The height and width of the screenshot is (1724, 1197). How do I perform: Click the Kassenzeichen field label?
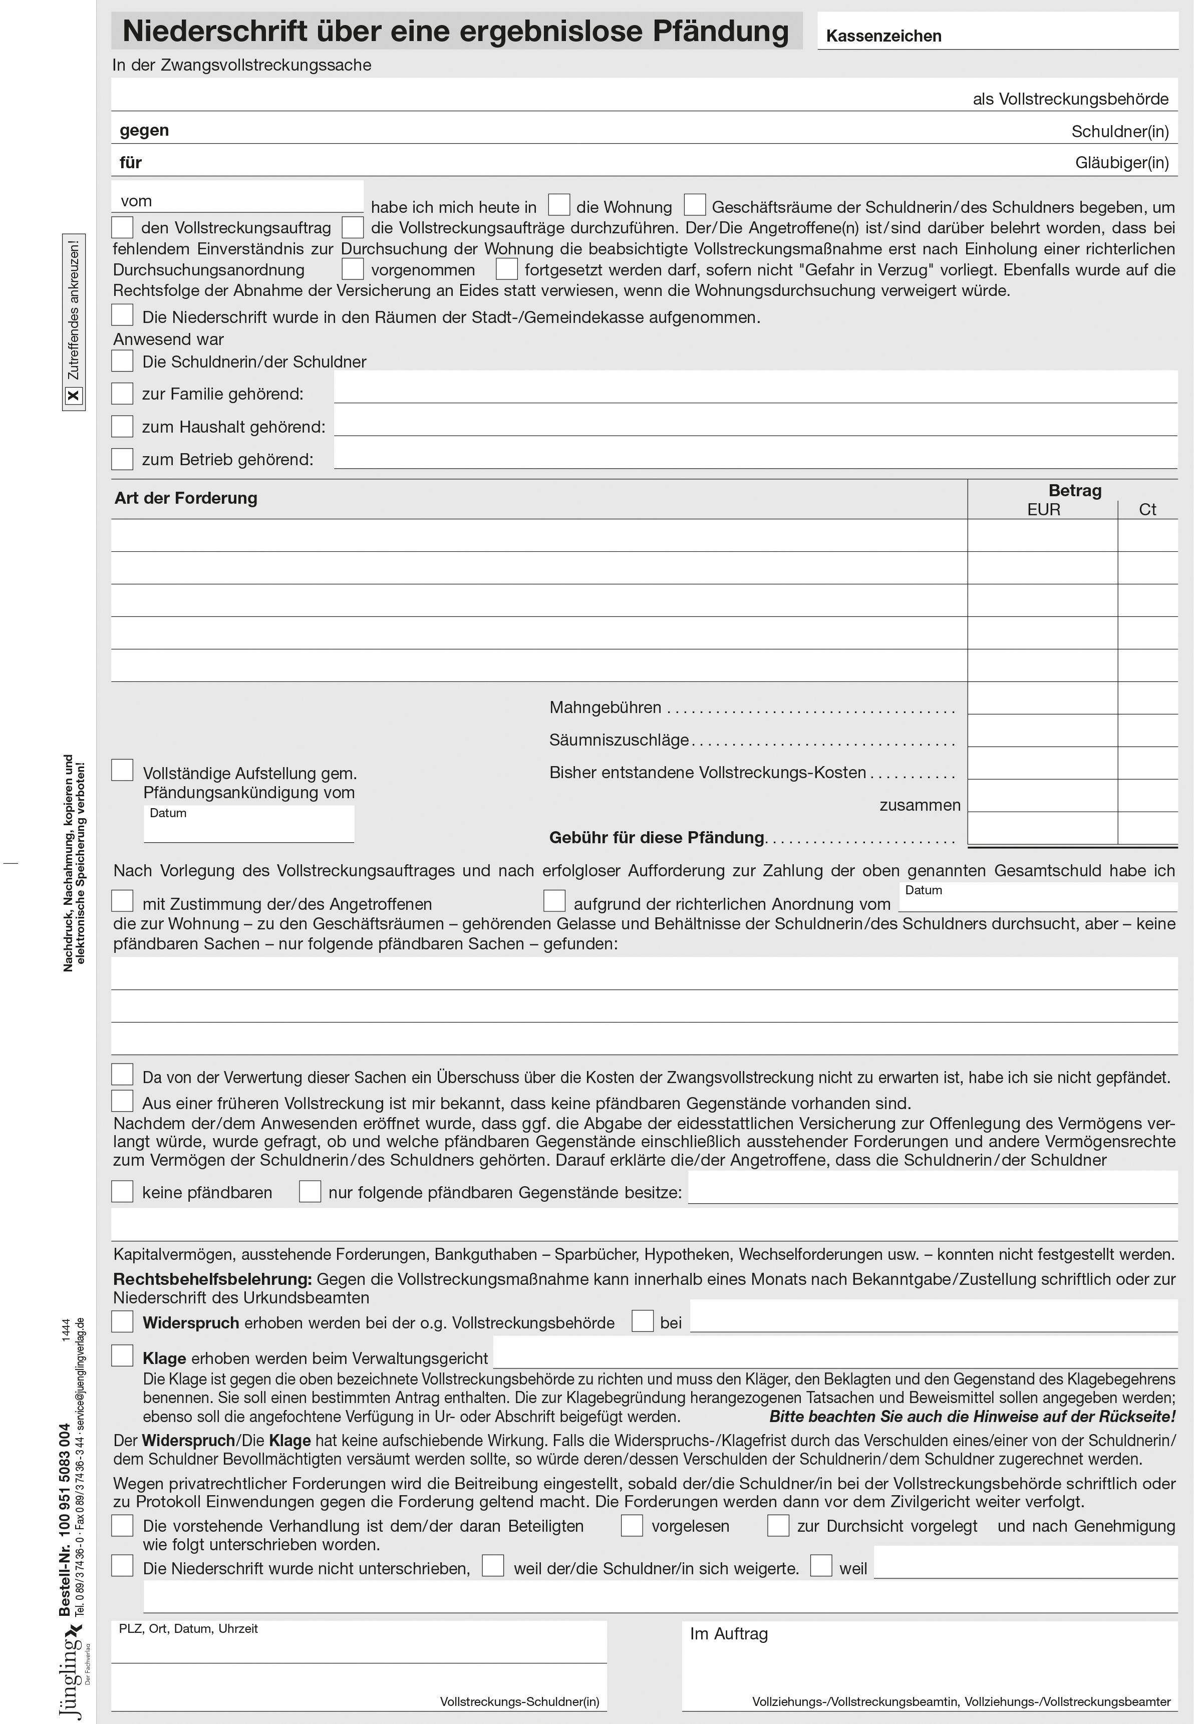click(x=883, y=36)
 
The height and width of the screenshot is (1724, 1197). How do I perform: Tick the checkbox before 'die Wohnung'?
click(x=559, y=205)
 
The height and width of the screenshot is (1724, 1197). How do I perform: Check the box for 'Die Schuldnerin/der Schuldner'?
click(x=122, y=361)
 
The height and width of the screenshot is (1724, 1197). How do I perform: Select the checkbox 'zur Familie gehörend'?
click(x=122, y=393)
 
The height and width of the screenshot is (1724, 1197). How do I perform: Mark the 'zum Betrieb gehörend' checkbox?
click(x=122, y=458)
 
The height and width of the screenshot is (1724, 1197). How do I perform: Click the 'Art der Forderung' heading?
click(x=185, y=498)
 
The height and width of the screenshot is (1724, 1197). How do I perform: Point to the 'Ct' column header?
click(x=1147, y=510)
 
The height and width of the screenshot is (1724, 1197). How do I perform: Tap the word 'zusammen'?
click(x=920, y=805)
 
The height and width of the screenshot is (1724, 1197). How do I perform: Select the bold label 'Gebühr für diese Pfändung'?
click(x=656, y=838)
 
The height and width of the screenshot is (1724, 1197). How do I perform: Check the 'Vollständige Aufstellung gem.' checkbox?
click(x=122, y=770)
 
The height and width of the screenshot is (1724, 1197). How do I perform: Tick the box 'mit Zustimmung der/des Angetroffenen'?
click(x=122, y=901)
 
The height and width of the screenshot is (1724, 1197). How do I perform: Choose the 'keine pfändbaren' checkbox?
click(x=122, y=1191)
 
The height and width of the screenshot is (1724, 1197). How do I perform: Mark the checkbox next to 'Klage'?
click(x=122, y=1355)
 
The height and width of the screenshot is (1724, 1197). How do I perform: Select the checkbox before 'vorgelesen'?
click(x=632, y=1525)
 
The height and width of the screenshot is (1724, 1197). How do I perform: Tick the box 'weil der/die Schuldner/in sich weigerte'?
click(x=493, y=1565)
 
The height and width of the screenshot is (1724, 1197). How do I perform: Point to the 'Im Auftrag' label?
click(x=728, y=1634)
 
